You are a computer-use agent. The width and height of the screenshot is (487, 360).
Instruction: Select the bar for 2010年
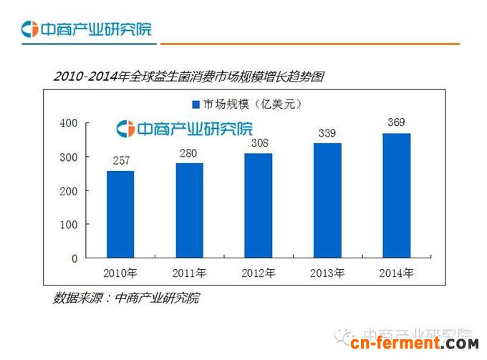(x=120, y=214)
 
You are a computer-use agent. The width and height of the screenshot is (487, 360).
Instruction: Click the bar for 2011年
(x=189, y=210)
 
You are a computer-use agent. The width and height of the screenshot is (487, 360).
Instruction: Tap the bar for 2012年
(x=258, y=205)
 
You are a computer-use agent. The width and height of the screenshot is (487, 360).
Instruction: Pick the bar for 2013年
(x=327, y=200)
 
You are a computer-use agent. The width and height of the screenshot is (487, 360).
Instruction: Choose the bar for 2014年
(x=395, y=195)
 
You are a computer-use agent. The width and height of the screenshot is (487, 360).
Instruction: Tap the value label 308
(x=258, y=144)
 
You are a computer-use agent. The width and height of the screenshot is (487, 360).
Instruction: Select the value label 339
(x=327, y=134)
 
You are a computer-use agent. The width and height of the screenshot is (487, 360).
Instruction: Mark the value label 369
(x=395, y=123)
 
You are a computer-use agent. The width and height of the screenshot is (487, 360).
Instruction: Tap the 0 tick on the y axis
(x=74, y=258)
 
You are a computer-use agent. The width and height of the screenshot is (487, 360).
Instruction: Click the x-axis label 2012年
(x=258, y=273)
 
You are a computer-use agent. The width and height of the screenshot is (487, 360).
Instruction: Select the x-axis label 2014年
(x=395, y=273)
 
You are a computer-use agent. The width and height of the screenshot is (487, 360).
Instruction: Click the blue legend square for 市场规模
(x=196, y=104)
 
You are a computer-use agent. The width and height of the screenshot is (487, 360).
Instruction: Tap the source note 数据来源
(x=125, y=298)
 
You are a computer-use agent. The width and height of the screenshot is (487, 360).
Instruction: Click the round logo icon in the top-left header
(x=29, y=29)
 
